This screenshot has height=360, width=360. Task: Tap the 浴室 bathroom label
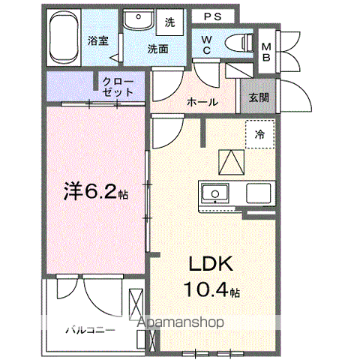point(98,40)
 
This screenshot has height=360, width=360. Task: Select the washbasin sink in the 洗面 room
point(138,19)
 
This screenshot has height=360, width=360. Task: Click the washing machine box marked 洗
point(169,22)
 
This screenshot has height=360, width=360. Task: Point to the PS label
point(213,16)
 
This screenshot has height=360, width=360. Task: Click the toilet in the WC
point(239,42)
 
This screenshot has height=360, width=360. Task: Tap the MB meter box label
point(266,52)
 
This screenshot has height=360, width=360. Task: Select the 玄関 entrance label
point(259,97)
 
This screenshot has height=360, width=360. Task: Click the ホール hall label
point(202,102)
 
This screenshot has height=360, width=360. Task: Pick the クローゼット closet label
point(118,87)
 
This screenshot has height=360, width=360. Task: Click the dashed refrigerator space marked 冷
point(260,134)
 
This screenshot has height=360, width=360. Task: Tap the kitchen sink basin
point(215,193)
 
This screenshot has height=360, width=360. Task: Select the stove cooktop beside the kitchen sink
point(258,193)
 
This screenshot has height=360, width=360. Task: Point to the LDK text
point(211,264)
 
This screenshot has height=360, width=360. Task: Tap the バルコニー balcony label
point(90,330)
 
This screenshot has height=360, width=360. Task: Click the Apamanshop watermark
point(180,322)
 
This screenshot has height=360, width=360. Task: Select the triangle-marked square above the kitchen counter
point(232,162)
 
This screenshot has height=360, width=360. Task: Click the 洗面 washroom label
point(157,49)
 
